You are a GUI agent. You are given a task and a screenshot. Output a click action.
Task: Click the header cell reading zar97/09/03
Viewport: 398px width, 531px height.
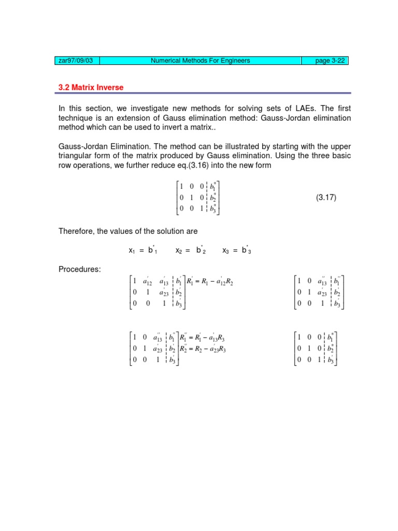point(77,61)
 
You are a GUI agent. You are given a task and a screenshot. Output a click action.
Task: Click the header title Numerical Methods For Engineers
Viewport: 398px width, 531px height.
point(200,61)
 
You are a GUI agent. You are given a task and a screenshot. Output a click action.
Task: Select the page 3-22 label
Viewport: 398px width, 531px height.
point(330,61)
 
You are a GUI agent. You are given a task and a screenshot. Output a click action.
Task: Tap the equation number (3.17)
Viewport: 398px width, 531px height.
point(326,198)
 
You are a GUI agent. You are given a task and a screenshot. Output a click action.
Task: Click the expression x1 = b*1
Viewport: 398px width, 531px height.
point(143,250)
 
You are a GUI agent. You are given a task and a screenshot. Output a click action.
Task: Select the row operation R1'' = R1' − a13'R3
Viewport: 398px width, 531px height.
point(203,339)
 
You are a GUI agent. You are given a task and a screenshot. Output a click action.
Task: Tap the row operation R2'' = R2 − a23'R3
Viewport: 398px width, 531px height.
point(203,349)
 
